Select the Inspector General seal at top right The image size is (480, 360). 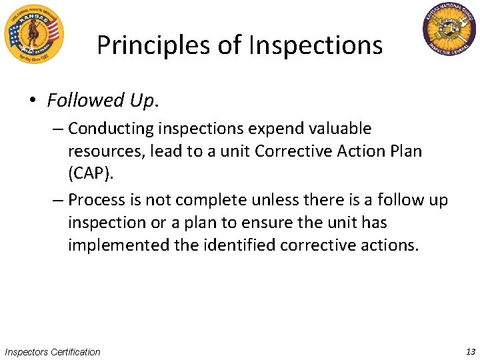[449, 31]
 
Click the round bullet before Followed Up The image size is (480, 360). [31, 101]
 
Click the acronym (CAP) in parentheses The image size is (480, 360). [87, 173]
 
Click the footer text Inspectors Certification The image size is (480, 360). [53, 352]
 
